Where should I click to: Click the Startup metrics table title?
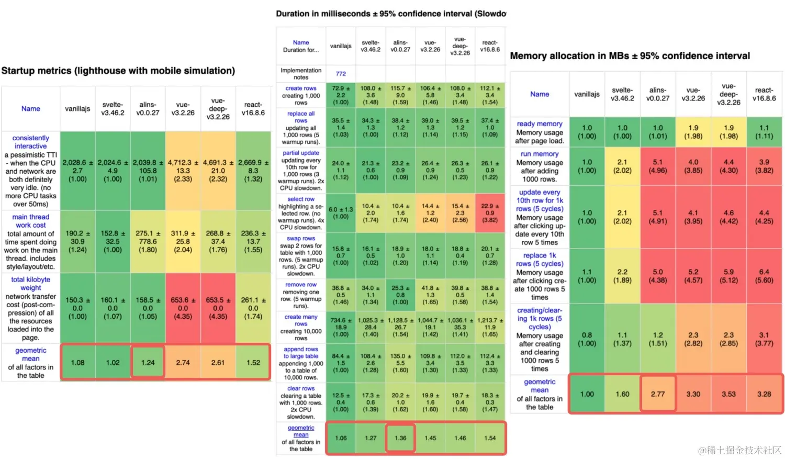click(x=118, y=71)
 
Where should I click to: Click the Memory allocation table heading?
click(x=630, y=56)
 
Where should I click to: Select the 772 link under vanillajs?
click(x=341, y=74)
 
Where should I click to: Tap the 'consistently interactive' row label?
click(x=30, y=142)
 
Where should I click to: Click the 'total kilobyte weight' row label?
click(x=31, y=283)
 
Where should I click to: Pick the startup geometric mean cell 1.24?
click(x=148, y=362)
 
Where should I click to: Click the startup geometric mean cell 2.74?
click(x=183, y=362)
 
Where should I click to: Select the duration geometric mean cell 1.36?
click(x=400, y=438)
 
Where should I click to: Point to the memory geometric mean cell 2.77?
click(x=658, y=394)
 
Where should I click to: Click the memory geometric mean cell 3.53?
click(x=728, y=394)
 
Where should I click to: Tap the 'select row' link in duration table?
click(x=301, y=199)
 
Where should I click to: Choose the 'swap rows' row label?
click(x=301, y=238)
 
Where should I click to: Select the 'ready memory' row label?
click(x=540, y=124)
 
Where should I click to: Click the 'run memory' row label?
click(x=540, y=154)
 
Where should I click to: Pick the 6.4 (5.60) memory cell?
click(x=764, y=276)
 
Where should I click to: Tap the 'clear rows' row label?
click(x=301, y=388)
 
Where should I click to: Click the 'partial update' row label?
click(x=301, y=153)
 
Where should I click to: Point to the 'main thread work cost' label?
click(x=30, y=221)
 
